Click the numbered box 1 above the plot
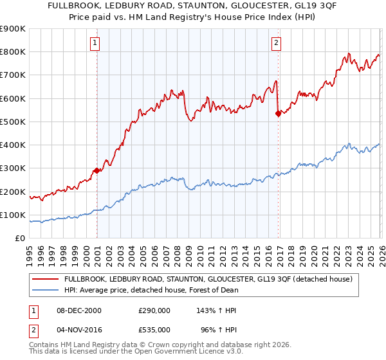95,43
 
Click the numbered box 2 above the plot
276,43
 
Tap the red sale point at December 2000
97,170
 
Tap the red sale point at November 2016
278,114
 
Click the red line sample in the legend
45,280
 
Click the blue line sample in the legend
45,290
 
